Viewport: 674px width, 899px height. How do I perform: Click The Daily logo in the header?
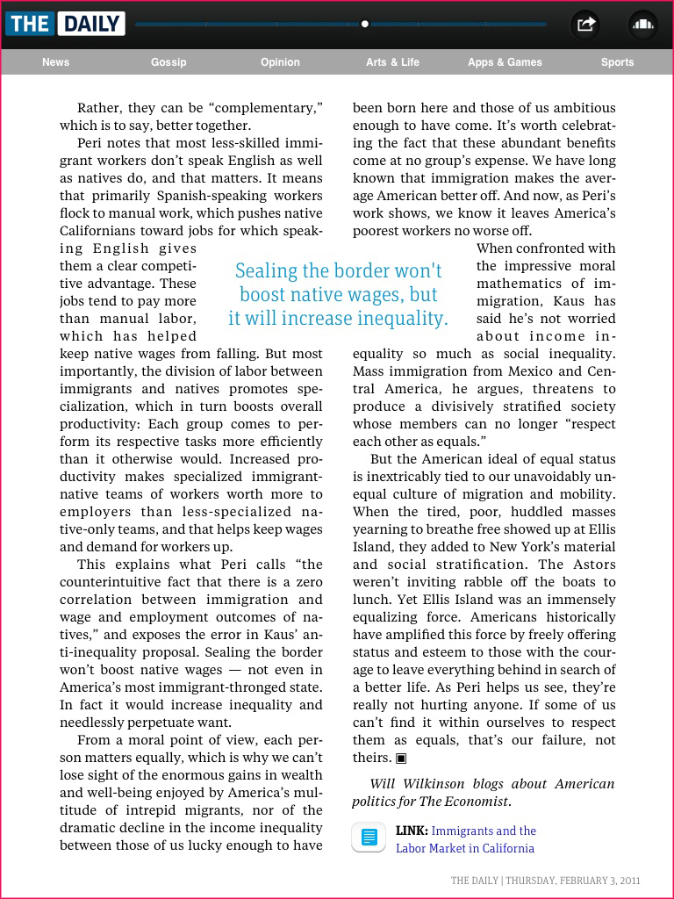[x=65, y=24]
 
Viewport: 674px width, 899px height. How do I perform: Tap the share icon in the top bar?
[x=585, y=25]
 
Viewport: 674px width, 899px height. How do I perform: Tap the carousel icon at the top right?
[x=643, y=25]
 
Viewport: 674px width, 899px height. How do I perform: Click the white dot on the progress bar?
[x=365, y=24]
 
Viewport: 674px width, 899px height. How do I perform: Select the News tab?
[x=55, y=62]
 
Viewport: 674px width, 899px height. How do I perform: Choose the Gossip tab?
[x=168, y=62]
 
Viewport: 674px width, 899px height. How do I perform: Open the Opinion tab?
[x=280, y=62]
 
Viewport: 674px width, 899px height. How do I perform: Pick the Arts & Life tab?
[x=392, y=62]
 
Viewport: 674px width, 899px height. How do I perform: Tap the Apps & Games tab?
[x=505, y=62]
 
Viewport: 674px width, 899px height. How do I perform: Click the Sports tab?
[x=617, y=62]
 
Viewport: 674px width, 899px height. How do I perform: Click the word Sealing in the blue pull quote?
[x=267, y=271]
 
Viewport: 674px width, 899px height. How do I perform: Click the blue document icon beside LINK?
[x=369, y=838]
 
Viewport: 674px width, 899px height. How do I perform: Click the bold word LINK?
[x=412, y=831]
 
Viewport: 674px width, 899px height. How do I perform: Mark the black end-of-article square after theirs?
[x=401, y=758]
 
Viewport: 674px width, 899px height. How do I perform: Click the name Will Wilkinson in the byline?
[x=408, y=784]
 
